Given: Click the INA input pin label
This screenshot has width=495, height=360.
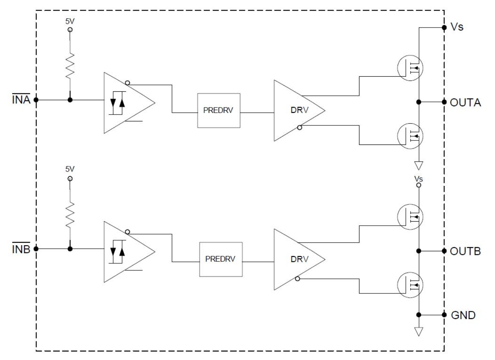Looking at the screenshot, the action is point(21,99).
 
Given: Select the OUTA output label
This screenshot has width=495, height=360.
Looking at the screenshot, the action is point(465,103).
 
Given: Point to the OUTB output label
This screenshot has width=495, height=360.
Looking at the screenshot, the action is point(465,251).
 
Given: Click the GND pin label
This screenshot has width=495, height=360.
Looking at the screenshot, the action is point(463,315).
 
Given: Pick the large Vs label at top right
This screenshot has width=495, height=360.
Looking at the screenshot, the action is point(457,27).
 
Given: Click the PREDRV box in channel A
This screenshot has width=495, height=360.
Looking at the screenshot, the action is point(219,110).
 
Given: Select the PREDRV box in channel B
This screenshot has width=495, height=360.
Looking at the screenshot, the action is point(221,259).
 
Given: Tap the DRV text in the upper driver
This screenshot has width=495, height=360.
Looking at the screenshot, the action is point(299,110).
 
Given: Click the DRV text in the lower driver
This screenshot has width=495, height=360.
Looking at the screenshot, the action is point(299,259).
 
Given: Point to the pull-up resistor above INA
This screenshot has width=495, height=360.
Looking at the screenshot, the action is point(70,66).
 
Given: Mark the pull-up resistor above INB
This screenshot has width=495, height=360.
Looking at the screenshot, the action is point(70,215).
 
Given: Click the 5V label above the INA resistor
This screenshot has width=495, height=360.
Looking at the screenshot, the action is point(70,21).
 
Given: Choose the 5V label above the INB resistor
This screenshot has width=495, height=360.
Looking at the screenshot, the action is point(70,169).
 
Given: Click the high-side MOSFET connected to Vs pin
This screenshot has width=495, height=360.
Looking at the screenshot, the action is point(410,68).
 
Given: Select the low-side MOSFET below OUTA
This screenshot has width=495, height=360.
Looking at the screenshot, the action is point(410,136).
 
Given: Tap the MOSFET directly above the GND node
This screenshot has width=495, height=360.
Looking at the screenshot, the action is point(410,285).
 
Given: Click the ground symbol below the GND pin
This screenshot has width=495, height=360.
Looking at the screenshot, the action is point(419,332).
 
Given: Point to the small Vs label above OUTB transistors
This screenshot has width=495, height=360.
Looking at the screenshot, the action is point(419,179).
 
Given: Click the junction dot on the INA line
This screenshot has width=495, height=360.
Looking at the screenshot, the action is point(70,100).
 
